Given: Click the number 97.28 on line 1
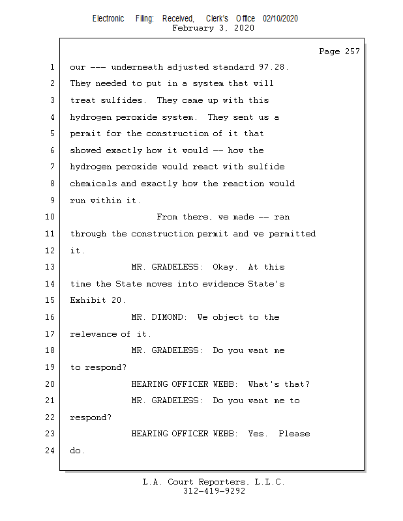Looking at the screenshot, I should coord(273,67).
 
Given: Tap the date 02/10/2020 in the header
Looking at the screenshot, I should coord(280,19).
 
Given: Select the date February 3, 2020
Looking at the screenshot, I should coord(213,29).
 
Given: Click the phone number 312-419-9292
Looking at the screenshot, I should coord(214,491).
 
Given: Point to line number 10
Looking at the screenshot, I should coord(51,217).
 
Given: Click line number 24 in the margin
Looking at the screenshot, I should coord(51,450).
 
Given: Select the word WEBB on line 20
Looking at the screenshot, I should coord(226,384).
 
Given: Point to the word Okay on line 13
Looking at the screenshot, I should coord(225,267).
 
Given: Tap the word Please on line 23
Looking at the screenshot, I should coord(294,434).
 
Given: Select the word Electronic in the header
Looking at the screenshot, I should coord(108,19).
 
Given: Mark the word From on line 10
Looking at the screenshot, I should coord(167,217).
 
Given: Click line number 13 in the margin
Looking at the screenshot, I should coord(51,267).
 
